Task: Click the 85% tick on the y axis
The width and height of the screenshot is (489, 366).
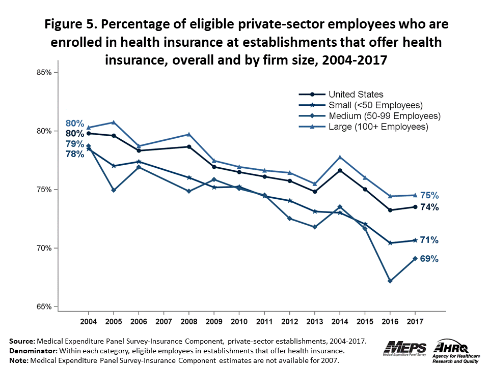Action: [x=45, y=73]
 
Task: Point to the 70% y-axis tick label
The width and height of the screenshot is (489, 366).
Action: [x=45, y=249]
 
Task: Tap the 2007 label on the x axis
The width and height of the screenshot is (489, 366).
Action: [x=163, y=322]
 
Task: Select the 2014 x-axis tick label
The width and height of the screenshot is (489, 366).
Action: [x=340, y=322]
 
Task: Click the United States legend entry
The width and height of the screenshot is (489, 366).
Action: [x=356, y=94]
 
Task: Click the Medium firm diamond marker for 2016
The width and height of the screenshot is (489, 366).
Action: [x=390, y=281]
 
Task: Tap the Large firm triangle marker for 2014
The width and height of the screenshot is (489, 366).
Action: [x=340, y=157]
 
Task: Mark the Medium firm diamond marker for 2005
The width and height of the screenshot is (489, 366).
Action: [x=114, y=190]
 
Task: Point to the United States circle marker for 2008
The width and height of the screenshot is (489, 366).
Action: [x=189, y=146]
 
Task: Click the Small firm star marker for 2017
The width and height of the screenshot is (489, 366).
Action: [x=415, y=240]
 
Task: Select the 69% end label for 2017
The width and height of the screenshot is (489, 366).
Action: [x=429, y=259]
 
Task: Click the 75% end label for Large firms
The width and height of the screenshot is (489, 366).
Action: [x=429, y=195]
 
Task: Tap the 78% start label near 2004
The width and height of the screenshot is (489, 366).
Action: [x=74, y=154]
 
